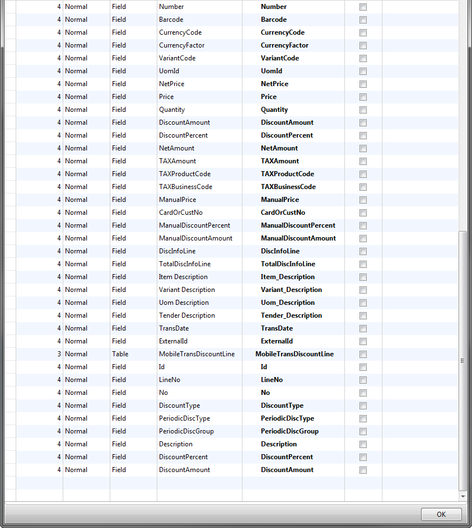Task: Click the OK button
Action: coord(441,515)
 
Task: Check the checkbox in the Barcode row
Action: coord(363,20)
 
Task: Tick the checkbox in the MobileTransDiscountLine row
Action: coord(363,354)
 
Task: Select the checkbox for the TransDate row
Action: coord(363,328)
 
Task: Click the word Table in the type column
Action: coord(120,354)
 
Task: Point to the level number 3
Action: coord(59,354)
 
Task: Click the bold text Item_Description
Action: coord(288,277)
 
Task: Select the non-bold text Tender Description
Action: coord(186,315)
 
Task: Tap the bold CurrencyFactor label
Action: coord(284,45)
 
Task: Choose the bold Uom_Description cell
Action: coord(288,303)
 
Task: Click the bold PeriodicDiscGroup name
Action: coord(289,431)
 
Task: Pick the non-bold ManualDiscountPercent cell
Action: coord(194,225)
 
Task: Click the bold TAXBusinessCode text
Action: coord(288,187)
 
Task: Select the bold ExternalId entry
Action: coord(277,341)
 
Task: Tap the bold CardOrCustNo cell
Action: coord(283,213)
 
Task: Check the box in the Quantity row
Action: coord(363,110)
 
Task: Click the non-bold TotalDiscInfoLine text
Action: coord(185,264)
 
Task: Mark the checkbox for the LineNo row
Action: coord(363,380)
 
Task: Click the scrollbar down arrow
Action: coord(462,496)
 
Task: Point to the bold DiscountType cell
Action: coord(282,406)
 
